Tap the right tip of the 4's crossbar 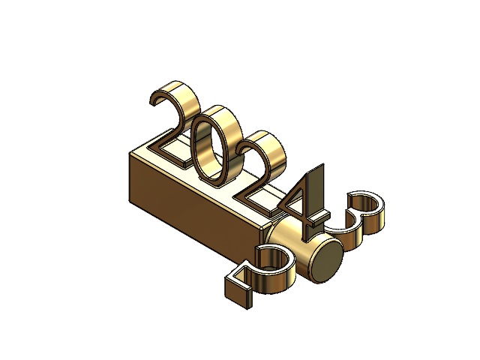click(x=328, y=215)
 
